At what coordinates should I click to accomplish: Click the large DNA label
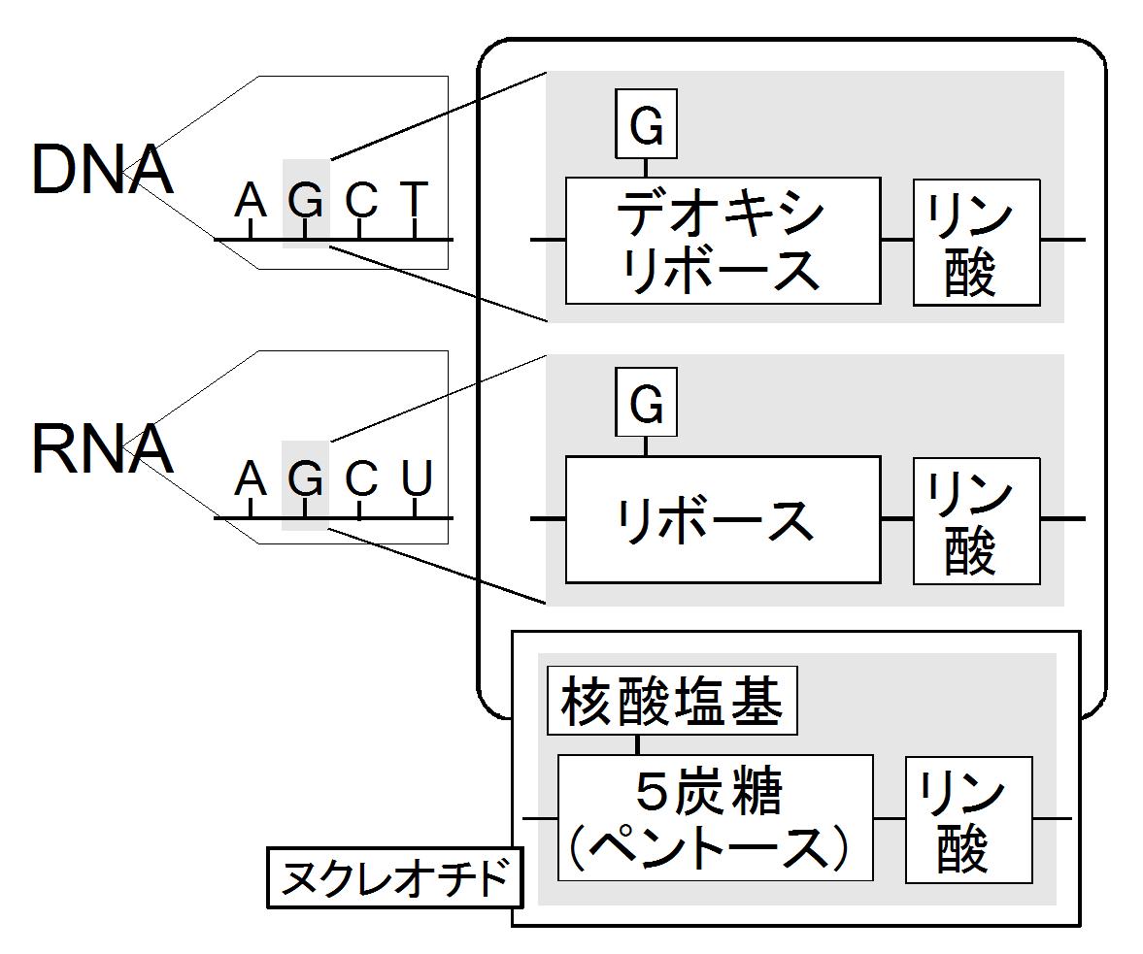click(102, 170)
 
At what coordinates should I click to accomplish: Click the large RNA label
click(102, 448)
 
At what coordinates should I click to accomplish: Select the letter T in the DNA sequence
click(414, 199)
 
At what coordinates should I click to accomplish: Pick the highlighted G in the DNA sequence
click(306, 199)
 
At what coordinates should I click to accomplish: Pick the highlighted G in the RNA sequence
click(306, 478)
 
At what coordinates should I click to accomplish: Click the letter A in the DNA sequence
click(250, 199)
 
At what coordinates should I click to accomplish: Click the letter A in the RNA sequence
click(250, 478)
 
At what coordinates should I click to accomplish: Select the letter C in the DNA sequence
click(361, 199)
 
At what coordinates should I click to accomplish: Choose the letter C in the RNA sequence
click(361, 478)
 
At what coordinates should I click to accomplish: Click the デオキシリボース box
click(723, 241)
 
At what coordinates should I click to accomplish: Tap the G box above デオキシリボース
click(647, 124)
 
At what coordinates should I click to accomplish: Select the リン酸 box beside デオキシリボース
click(977, 243)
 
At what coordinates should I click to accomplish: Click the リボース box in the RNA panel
click(723, 520)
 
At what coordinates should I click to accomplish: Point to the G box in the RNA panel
click(647, 402)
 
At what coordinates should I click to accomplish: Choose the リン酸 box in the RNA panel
click(977, 521)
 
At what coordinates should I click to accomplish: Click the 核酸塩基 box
click(672, 701)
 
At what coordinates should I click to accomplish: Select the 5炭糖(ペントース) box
click(715, 818)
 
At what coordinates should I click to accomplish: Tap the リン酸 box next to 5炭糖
click(969, 820)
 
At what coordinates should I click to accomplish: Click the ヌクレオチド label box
click(395, 877)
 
